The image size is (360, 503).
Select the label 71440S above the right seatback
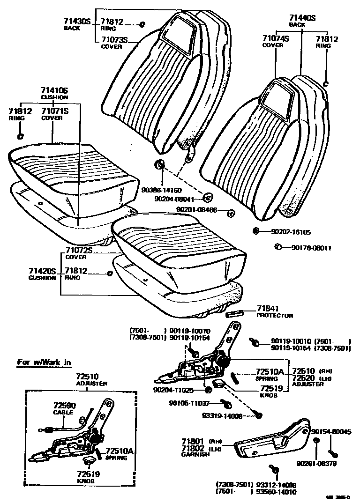tap(302, 18)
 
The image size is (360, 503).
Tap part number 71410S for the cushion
tap(54, 90)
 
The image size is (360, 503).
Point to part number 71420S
tap(42, 271)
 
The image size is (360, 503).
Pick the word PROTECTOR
tap(275, 316)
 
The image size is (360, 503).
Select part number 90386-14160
tap(161, 191)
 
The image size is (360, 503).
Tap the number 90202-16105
tap(291, 232)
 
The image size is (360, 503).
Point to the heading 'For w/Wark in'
tap(44, 362)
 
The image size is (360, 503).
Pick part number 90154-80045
tap(331, 432)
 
